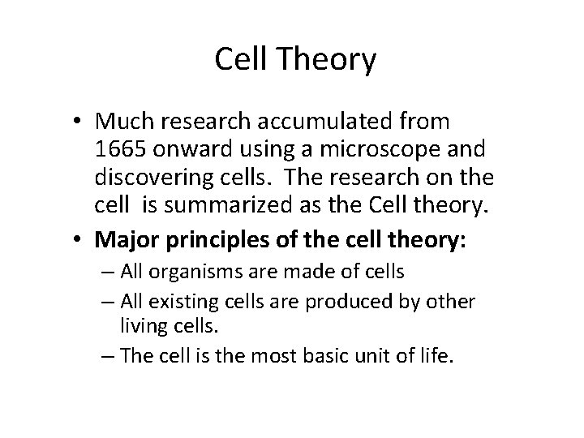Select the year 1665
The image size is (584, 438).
tap(118, 149)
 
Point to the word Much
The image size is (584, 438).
tap(123, 122)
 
